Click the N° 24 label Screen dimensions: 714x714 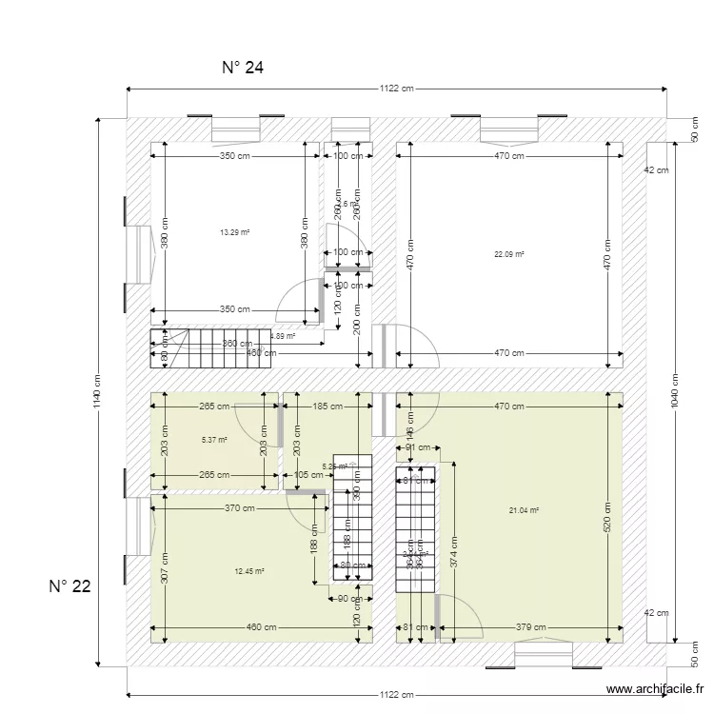[x=242, y=68]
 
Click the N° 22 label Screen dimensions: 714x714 [x=69, y=586]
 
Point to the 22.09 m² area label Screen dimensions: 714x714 [x=509, y=254]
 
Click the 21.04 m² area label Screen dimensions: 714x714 [x=524, y=510]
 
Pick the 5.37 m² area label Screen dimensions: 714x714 [x=214, y=440]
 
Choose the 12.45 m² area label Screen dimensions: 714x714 [x=248, y=571]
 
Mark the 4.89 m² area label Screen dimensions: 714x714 [x=283, y=336]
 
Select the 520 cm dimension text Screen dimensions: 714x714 [x=606, y=514]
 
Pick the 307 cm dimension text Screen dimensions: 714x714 [x=164, y=568]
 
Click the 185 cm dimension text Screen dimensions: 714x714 [x=327, y=407]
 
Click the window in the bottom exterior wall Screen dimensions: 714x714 [x=543, y=655]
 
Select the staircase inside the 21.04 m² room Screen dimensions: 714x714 [x=415, y=529]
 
